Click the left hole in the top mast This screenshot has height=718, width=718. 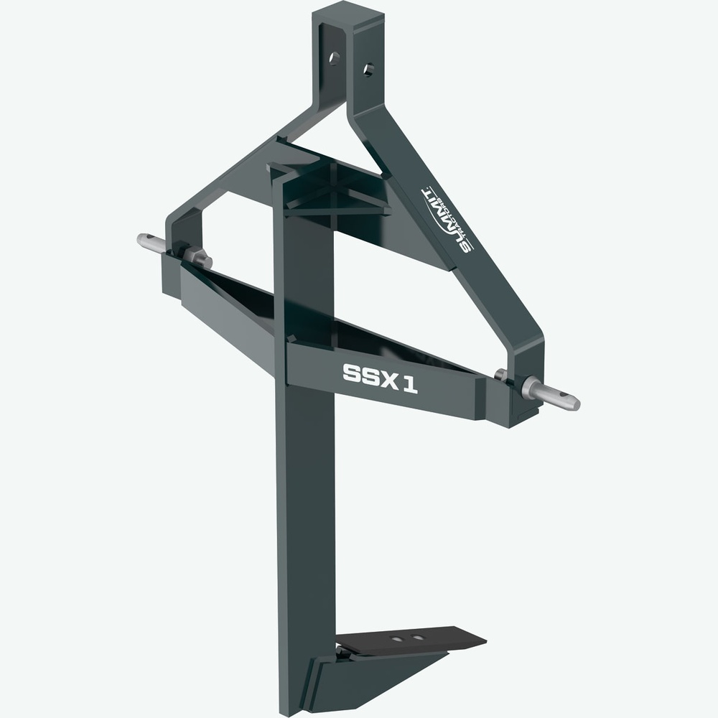335,58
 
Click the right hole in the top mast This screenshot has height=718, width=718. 368,70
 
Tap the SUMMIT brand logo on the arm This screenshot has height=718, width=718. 447,218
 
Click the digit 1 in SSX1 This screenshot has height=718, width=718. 410,384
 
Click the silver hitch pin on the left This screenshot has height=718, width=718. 152,243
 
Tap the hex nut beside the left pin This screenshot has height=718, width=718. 195,256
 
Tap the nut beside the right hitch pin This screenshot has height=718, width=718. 503,376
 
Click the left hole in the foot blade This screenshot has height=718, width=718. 395,635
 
